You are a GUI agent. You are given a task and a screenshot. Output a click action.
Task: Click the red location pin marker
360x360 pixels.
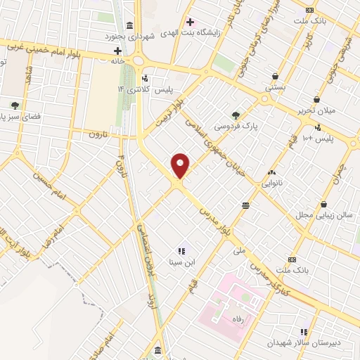point(181,165)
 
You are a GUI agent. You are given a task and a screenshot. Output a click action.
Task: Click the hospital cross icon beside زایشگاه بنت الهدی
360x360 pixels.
point(189,22)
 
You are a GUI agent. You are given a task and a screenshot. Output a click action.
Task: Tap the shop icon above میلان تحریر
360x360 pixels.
point(317,99)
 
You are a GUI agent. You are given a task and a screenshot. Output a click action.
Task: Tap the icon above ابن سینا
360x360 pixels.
point(181,250)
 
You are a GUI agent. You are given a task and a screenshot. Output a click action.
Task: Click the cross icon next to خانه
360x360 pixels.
point(117,51)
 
